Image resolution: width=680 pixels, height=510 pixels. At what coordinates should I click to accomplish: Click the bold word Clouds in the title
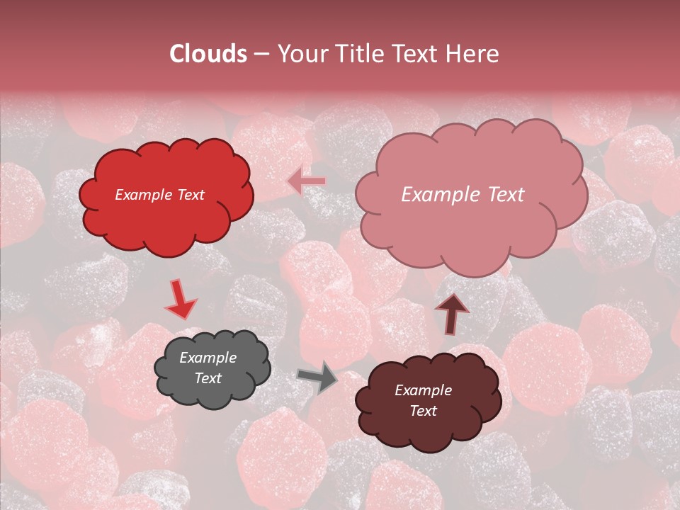point(208,54)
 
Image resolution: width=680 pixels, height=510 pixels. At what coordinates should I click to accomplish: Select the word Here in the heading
point(473,54)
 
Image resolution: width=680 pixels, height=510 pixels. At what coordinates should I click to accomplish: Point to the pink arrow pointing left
point(307,181)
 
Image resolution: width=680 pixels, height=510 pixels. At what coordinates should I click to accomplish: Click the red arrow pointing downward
point(181,300)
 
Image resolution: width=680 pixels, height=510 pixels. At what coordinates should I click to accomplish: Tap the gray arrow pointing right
point(318,378)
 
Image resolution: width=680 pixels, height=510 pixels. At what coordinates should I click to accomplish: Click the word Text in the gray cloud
point(208,378)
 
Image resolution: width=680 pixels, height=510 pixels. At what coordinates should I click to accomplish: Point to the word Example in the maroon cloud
point(423,390)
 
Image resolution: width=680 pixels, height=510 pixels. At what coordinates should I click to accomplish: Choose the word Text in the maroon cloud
point(423,411)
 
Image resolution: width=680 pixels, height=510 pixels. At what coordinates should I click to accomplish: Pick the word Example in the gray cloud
point(208,358)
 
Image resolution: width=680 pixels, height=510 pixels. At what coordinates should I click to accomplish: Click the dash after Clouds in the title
point(261,55)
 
